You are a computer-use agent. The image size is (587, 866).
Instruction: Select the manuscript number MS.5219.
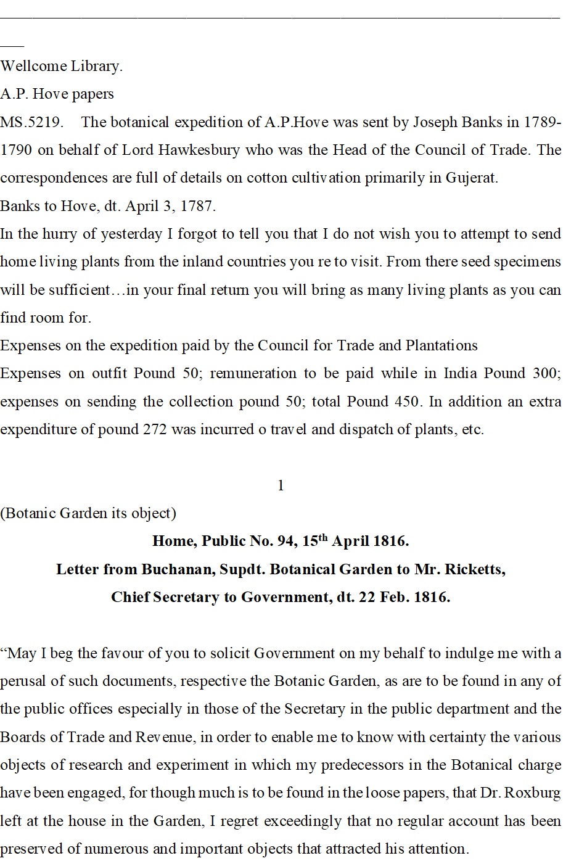pyautogui.click(x=31, y=122)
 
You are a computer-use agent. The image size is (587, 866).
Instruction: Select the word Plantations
pyautogui.click(x=441, y=345)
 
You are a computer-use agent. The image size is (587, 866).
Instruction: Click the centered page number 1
pyautogui.click(x=281, y=486)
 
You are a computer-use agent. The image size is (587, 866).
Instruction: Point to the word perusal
pyautogui.click(x=24, y=682)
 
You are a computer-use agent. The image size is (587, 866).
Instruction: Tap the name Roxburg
pyautogui.click(x=532, y=793)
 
